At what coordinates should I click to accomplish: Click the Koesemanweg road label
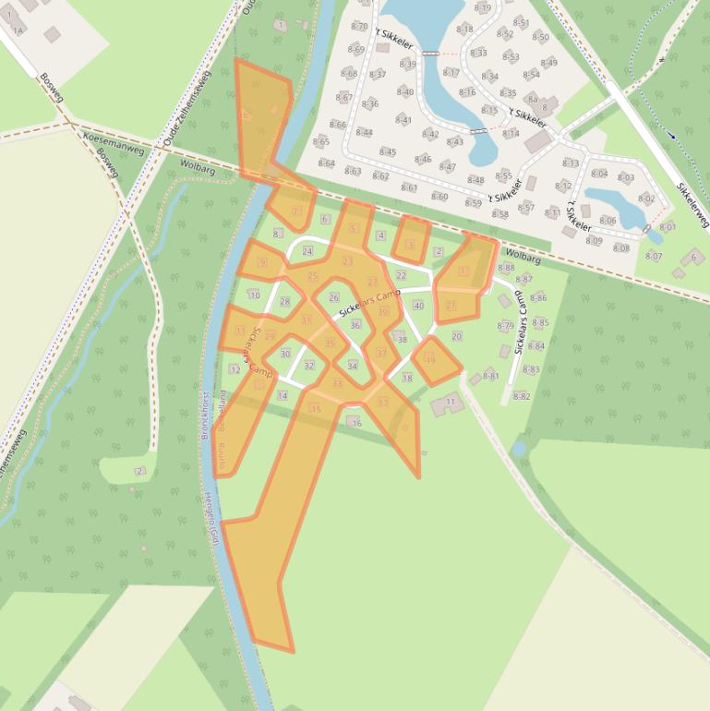pos(114,142)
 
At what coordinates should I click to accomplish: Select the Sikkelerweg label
pos(692,205)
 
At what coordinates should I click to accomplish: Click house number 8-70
pos(359,27)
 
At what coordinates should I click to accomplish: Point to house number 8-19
pos(483,7)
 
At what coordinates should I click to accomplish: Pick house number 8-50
pos(540,38)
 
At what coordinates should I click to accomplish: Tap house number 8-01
pos(667,226)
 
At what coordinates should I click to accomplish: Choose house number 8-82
pos(521,396)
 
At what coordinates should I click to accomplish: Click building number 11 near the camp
pos(451,403)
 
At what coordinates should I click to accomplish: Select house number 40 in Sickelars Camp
pos(418,306)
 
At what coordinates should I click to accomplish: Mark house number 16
pos(356,422)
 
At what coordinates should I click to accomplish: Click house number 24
pos(307,251)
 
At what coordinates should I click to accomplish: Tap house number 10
pos(255,295)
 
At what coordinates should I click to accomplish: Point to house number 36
pos(355,324)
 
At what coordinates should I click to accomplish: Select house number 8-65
pos(320,142)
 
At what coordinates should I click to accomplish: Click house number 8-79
pos(505,327)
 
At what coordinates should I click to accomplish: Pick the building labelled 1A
pos(17,30)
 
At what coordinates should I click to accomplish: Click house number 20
pos(456,336)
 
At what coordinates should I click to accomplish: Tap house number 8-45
pos(387,152)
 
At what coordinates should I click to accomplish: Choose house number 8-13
pos(570,163)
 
